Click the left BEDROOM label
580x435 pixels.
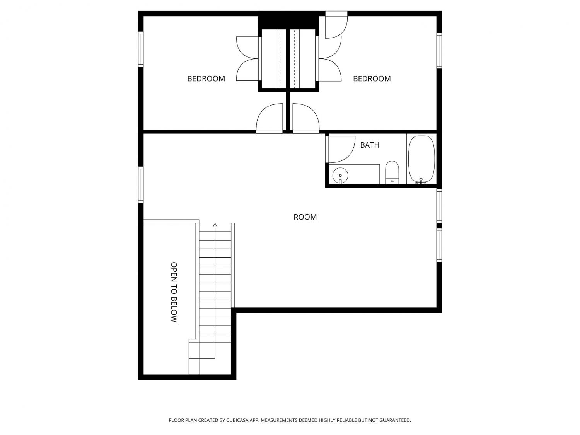click(206, 78)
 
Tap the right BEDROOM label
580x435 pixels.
click(372, 78)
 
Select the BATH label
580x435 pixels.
click(369, 145)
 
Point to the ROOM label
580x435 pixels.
click(305, 217)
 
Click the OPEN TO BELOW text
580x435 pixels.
click(174, 292)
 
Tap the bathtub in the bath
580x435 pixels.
click(421, 159)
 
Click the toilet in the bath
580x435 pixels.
click(392, 172)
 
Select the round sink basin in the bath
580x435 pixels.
click(340, 175)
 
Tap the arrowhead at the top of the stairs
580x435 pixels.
click(215, 225)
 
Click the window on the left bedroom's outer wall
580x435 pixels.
click(141, 49)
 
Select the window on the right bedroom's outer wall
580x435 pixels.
click(439, 51)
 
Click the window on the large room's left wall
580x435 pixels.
click(141, 185)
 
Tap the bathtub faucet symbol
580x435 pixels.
click(421, 181)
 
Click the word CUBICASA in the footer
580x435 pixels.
click(237, 420)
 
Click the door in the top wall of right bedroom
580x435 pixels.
click(336, 25)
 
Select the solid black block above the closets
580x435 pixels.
click(288, 20)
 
